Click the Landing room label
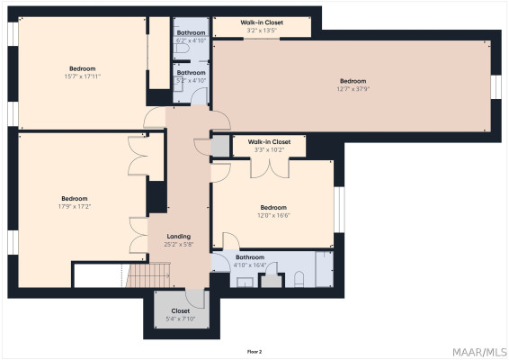pyautogui.click(x=179, y=237)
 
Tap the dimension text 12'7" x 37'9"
pyautogui.click(x=353, y=89)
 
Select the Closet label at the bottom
pyautogui.click(x=181, y=310)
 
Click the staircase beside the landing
pyautogui.click(x=148, y=275)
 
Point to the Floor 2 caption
pyautogui.click(x=254, y=352)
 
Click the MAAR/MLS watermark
pyautogui.click(x=479, y=352)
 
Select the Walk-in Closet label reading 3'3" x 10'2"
pyautogui.click(x=269, y=142)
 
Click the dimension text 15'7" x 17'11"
pyautogui.click(x=83, y=76)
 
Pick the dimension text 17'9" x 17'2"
pyautogui.click(x=75, y=206)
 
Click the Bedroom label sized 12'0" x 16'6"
pyautogui.click(x=273, y=208)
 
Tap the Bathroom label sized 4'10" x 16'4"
pyautogui.click(x=250, y=257)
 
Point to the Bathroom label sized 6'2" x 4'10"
pyautogui.click(x=191, y=32)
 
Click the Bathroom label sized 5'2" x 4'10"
pyautogui.click(x=191, y=73)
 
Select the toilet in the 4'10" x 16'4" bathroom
pyautogui.click(x=299, y=279)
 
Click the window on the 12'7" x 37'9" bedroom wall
pyautogui.click(x=496, y=86)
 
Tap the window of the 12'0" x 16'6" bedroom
pyautogui.click(x=339, y=210)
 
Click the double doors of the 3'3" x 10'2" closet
pyautogui.click(x=270, y=168)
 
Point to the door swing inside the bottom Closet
pyautogui.click(x=195, y=298)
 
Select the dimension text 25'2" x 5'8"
pyautogui.click(x=179, y=244)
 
